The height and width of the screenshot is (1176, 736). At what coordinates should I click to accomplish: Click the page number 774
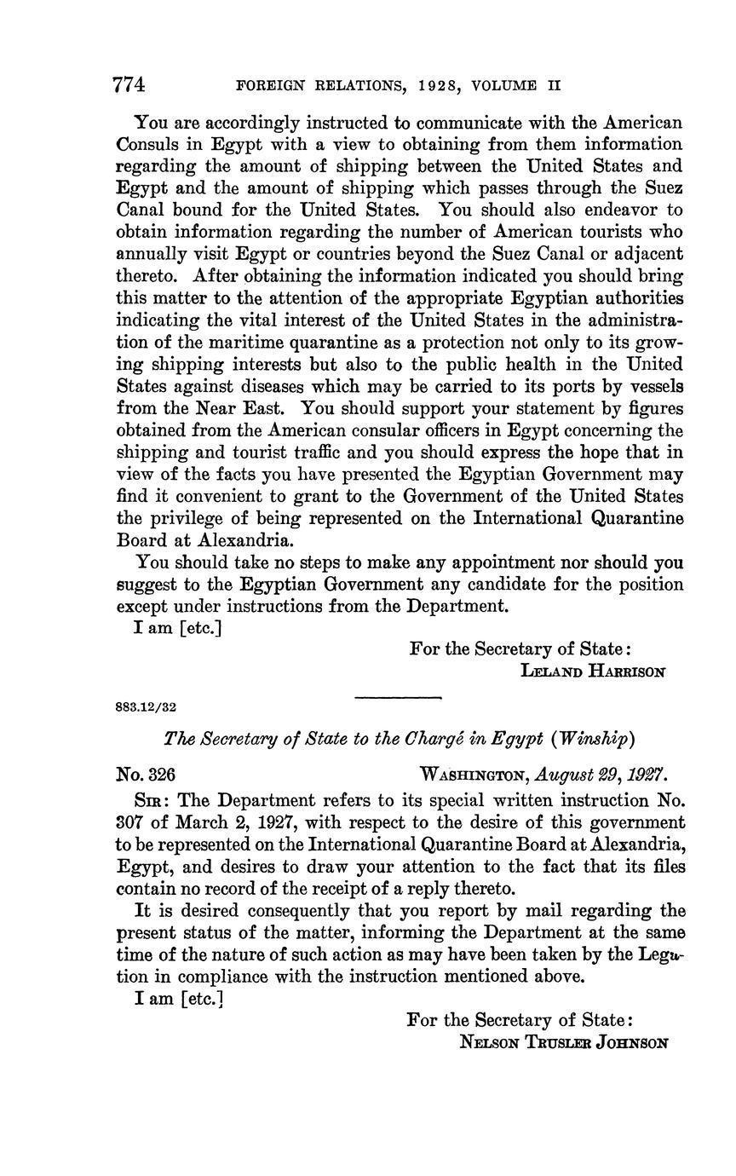pyautogui.click(x=129, y=85)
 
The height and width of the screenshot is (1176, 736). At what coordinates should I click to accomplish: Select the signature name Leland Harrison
pyautogui.click(x=592, y=671)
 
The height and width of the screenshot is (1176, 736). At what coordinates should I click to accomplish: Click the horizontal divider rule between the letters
pyautogui.click(x=397, y=699)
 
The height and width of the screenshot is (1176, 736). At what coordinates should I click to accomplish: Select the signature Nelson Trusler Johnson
pyautogui.click(x=563, y=1041)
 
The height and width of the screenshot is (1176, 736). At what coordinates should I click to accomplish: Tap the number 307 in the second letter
pyautogui.click(x=130, y=822)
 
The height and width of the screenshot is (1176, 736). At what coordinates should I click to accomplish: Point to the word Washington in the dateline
pyautogui.click(x=474, y=775)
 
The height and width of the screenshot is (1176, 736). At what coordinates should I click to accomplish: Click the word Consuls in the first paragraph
pyautogui.click(x=147, y=144)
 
